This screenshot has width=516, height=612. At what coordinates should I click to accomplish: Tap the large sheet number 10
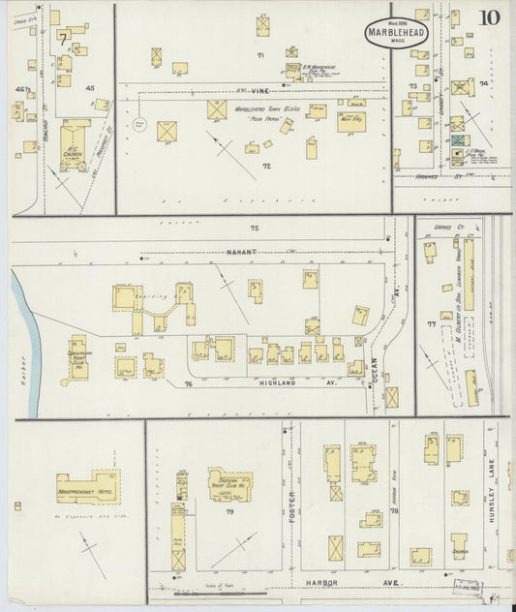(489, 17)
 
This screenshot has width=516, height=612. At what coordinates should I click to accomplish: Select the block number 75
(255, 229)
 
